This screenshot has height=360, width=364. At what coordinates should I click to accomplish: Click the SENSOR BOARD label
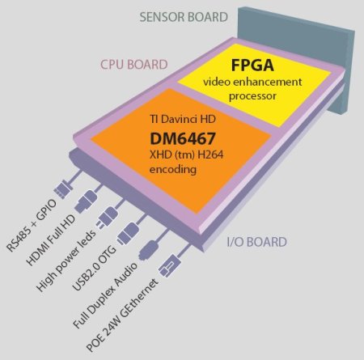[184, 17]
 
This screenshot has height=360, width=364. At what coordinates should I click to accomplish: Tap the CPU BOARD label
[134, 65]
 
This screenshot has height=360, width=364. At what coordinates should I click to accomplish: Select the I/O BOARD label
[256, 242]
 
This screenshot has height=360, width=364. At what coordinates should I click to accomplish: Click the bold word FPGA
[252, 66]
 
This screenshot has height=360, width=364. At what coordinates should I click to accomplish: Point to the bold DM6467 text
[183, 138]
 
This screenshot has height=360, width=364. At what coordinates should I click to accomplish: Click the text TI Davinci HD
[183, 119]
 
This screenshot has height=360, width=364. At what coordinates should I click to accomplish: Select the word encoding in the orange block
[173, 170]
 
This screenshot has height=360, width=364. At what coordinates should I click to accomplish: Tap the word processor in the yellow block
[252, 96]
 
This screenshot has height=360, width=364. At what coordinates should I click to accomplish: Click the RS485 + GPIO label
[32, 226]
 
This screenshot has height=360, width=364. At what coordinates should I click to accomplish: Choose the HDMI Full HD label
[51, 240]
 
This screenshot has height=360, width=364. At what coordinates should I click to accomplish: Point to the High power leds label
[66, 260]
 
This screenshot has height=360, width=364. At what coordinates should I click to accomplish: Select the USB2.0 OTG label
[95, 269]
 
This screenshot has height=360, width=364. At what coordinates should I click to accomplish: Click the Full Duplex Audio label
[105, 295]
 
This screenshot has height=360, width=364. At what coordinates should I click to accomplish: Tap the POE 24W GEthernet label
[122, 316]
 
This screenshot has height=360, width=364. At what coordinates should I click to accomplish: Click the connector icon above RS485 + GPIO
[63, 189]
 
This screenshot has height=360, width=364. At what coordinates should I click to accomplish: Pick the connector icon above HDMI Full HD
[85, 201]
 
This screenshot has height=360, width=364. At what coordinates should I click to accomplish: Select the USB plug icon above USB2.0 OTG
[128, 233]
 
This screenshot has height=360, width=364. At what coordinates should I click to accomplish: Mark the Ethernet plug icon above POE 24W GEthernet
[170, 265]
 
